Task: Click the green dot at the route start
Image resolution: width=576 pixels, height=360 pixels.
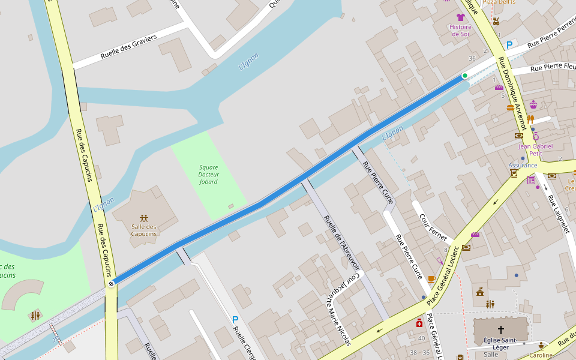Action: [x=464, y=76]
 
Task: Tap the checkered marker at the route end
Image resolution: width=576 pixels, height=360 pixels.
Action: [x=111, y=284]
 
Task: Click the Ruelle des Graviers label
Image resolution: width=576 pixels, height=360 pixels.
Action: [x=128, y=46]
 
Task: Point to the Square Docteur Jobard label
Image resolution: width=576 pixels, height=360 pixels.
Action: [x=208, y=174]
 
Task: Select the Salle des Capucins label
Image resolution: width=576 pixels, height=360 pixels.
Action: [x=144, y=230]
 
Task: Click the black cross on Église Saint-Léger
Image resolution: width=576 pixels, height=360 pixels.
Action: [x=501, y=329]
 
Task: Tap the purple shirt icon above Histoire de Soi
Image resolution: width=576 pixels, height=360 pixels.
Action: [x=461, y=17]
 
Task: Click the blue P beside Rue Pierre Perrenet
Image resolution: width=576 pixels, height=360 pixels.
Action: [x=509, y=45]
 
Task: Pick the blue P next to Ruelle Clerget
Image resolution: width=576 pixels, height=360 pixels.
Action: [x=235, y=320]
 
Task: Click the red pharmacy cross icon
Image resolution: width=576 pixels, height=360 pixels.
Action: [x=419, y=323]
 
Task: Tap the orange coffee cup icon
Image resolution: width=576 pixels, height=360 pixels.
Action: [x=431, y=279]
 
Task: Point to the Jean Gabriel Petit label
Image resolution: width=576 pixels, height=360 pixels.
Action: [x=535, y=149]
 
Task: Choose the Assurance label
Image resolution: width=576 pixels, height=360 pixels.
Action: [x=523, y=165]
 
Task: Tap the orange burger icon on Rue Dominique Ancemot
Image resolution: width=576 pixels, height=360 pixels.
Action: [x=511, y=108]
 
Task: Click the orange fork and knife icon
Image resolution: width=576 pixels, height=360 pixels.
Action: [x=530, y=119]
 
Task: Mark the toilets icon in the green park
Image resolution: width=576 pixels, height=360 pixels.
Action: [x=35, y=315]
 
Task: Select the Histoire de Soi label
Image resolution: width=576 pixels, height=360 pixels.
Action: [x=460, y=30]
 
